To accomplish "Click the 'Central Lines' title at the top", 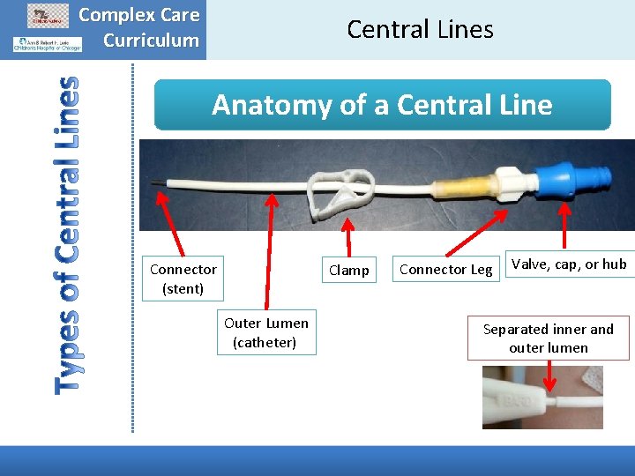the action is click(x=420, y=29).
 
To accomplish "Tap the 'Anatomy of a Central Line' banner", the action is click(x=382, y=106).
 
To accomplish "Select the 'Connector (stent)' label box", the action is click(x=183, y=279).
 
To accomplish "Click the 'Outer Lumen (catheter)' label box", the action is click(x=265, y=332).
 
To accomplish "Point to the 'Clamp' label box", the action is click(x=348, y=271).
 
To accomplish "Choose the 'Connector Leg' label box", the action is click(x=445, y=270).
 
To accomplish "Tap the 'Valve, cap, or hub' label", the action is click(x=569, y=264).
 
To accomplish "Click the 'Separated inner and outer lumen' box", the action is click(x=548, y=338).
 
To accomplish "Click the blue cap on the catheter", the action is click(x=565, y=181).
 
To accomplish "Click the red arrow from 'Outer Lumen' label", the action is click(x=267, y=250).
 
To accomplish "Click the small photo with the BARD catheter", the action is click(x=542, y=398).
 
